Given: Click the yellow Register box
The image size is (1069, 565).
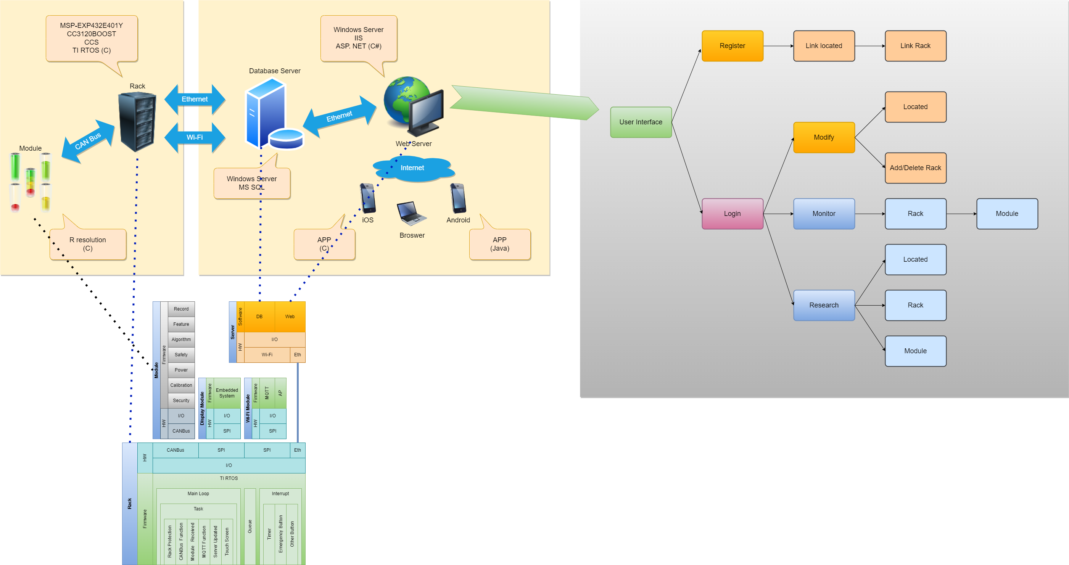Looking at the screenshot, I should click(x=732, y=46).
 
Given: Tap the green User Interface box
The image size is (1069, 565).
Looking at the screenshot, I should click(x=640, y=122).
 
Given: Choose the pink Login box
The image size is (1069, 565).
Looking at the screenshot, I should click(x=732, y=214).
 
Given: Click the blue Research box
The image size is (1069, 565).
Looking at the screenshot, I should click(x=823, y=305).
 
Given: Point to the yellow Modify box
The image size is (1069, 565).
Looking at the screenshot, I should click(x=823, y=137).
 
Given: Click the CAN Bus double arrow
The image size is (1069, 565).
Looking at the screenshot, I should click(x=88, y=141).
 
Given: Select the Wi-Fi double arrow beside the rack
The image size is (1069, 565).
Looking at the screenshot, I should click(x=195, y=137).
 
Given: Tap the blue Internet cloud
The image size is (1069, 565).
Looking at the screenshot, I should click(x=413, y=168).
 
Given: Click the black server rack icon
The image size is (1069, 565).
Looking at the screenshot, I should click(x=137, y=122).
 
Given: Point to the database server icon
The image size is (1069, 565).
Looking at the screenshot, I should click(x=272, y=114).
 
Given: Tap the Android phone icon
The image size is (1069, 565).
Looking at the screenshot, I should click(x=458, y=198).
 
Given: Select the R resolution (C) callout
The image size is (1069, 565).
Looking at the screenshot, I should click(x=88, y=244).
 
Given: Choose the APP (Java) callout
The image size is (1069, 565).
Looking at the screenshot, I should click(x=500, y=244).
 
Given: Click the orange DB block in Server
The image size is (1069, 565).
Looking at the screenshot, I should click(x=259, y=317).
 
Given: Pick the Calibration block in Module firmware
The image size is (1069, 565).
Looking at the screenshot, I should click(x=181, y=385).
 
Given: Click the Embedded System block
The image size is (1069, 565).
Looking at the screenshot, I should click(x=227, y=393).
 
